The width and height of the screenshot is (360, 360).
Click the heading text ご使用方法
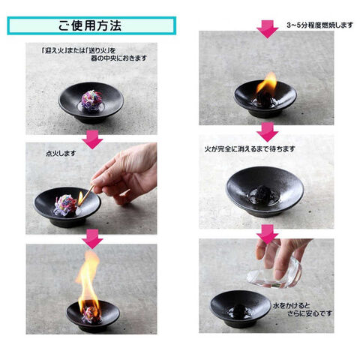click(90, 25)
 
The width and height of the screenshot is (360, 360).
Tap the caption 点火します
click(61, 153)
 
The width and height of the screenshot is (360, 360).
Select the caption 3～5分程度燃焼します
click(320, 25)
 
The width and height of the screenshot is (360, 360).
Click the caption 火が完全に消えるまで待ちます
click(250, 149)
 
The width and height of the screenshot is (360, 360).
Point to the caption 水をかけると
click(292, 305)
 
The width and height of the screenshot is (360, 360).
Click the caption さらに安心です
click(310, 313)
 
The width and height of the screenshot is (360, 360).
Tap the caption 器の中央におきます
click(118, 58)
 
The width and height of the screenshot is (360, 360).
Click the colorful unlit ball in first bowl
click(91, 100)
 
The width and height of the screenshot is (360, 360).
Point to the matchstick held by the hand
click(87, 195)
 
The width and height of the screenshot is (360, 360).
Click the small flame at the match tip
click(80, 199)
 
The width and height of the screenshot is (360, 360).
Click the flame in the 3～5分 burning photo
click(267, 84)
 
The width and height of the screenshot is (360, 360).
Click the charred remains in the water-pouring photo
click(239, 310)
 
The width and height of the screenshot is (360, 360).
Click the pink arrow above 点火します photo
click(92, 139)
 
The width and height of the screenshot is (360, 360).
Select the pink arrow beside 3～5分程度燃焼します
click(268, 29)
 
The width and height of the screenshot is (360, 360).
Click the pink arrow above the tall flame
click(92, 239)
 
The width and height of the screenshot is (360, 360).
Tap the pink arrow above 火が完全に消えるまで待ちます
click(268, 132)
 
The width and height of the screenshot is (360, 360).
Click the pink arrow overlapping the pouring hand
click(268, 234)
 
